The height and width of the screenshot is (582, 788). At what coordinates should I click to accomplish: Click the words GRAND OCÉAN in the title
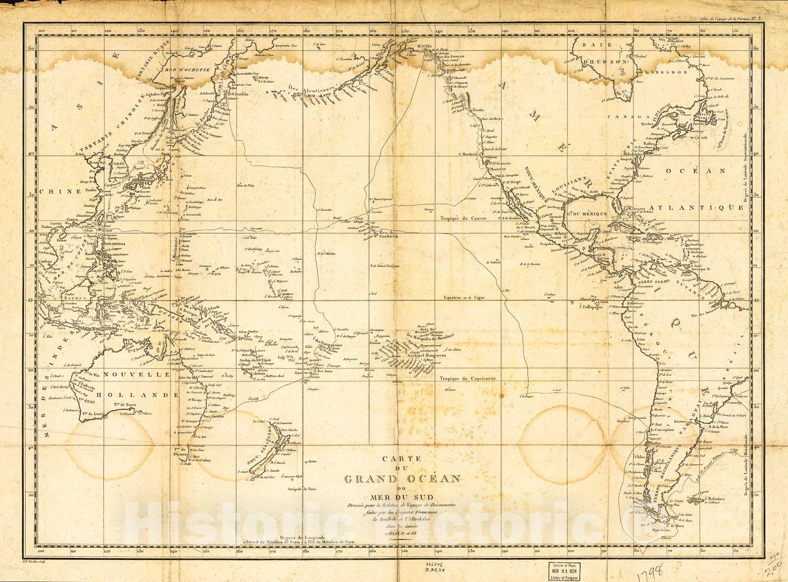point(402,479)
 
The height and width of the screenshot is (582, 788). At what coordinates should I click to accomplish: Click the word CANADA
point(623,117)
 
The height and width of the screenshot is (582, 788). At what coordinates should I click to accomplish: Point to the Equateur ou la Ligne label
point(465,298)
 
